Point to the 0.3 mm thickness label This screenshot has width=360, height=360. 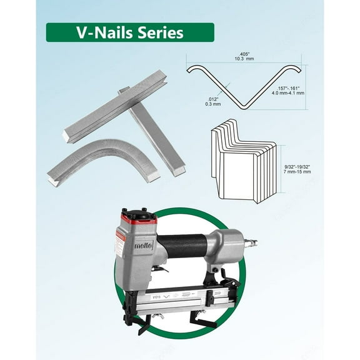click(213, 104)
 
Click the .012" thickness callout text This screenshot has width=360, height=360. click(213, 99)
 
